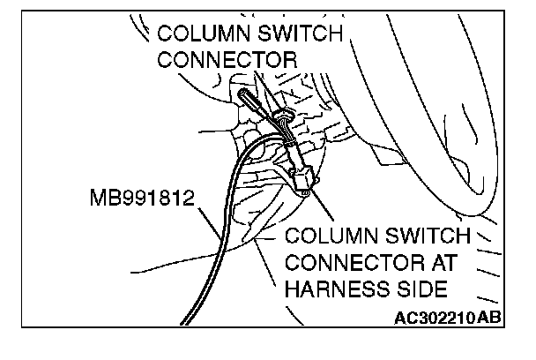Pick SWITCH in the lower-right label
pyautogui.click(x=425, y=238)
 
